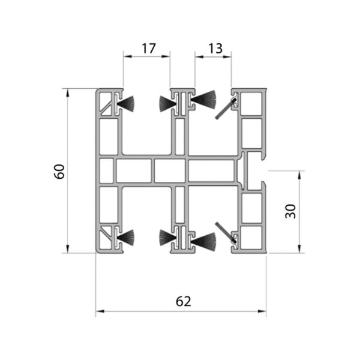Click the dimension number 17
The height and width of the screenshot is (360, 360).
point(149,49)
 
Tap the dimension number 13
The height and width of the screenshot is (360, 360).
point(215,49)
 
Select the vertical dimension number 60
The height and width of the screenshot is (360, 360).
point(59,172)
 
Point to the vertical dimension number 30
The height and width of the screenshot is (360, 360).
point(290,211)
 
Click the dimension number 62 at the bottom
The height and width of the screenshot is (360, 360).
point(183,301)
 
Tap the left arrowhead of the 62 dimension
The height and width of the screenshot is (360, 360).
point(100,311)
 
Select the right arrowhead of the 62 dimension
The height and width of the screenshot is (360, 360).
point(262,311)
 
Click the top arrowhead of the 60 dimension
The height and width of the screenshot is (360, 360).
point(67,93)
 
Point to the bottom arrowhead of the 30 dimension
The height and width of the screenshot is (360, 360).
point(299,248)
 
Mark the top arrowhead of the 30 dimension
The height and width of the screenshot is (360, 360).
point(299,175)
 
